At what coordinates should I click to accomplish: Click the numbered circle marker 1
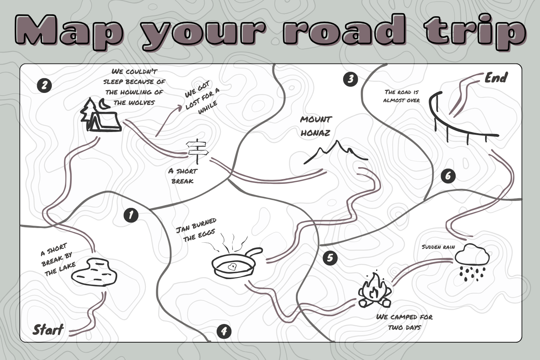(x=131, y=215)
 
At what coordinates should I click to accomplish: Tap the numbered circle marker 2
(x=44, y=85)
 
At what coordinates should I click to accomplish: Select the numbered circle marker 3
(x=350, y=79)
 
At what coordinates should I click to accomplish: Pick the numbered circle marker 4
(x=224, y=331)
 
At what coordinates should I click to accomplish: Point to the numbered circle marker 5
(x=330, y=258)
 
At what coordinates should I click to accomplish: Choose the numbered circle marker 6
(x=448, y=176)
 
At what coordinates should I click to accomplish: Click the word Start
(x=48, y=329)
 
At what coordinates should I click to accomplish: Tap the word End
(x=496, y=78)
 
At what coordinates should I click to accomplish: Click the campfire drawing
(x=374, y=290)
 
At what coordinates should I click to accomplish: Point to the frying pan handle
(x=253, y=253)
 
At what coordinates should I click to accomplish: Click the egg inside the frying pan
(x=232, y=267)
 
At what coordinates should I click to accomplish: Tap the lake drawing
(x=94, y=272)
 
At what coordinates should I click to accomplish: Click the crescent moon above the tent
(x=104, y=104)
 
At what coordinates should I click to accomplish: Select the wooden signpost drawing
(x=197, y=151)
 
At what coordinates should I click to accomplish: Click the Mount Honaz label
(x=316, y=126)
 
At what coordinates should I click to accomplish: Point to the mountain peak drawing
(x=336, y=152)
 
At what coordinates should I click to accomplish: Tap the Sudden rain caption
(x=438, y=247)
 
